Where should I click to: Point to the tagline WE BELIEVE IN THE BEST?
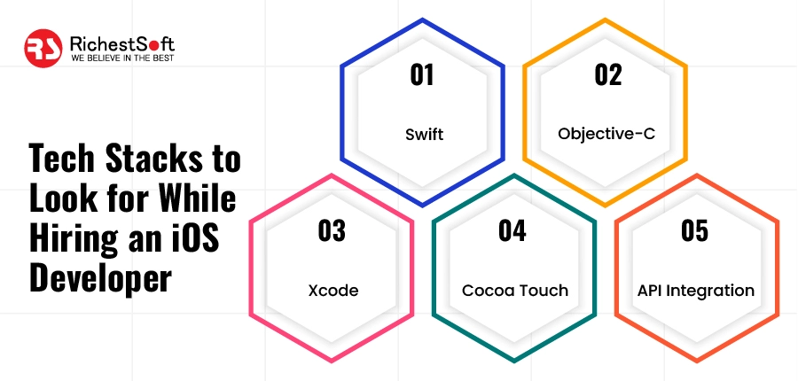pyautogui.click(x=117, y=58)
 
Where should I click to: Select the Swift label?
pyautogui.click(x=423, y=135)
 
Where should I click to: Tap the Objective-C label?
pyautogui.click(x=606, y=135)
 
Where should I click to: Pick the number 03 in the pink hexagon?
pyautogui.click(x=331, y=231)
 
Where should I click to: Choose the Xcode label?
pyautogui.click(x=331, y=291)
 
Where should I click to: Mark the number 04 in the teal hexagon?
pyautogui.click(x=512, y=231)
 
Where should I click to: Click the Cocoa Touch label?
pyautogui.click(x=514, y=291)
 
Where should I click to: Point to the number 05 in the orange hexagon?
pyautogui.click(x=695, y=231)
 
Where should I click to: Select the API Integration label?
pyautogui.click(x=696, y=291)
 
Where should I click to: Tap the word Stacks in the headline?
pyautogui.click(x=152, y=162)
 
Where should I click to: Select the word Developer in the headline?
pyautogui.click(x=98, y=277)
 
